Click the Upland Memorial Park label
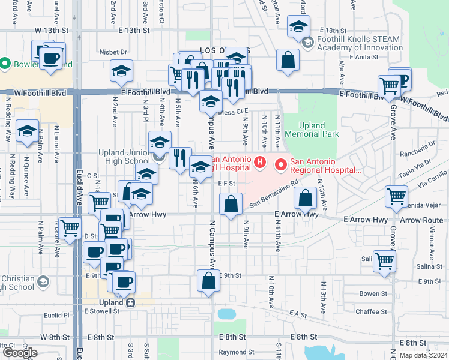312,130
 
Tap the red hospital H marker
260,162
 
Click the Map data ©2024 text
423,355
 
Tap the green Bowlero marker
5,63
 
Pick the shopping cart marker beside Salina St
384,261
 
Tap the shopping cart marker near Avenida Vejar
397,196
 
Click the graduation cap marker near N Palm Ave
27,131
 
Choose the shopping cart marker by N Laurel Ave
70,229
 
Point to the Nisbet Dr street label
113,52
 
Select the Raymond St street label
232,352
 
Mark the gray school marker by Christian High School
43,280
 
